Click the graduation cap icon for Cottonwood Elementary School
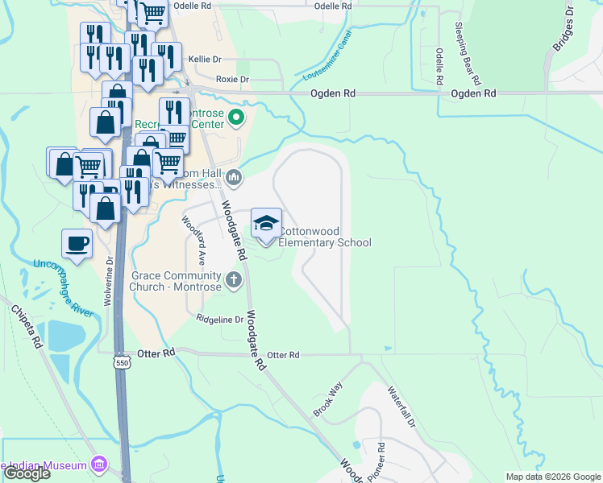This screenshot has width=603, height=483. click(267, 222)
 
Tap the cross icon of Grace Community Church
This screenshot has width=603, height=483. click(234, 280)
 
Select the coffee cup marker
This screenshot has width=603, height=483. click(77, 244)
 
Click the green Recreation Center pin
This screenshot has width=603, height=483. click(236, 119)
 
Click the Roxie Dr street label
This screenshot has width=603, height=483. click(233, 80)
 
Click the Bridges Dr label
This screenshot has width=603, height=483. click(562, 32)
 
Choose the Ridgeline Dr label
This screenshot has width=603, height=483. click(220, 320)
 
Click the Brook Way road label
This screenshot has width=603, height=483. click(328, 399)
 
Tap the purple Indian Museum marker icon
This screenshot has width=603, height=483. click(100, 464)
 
